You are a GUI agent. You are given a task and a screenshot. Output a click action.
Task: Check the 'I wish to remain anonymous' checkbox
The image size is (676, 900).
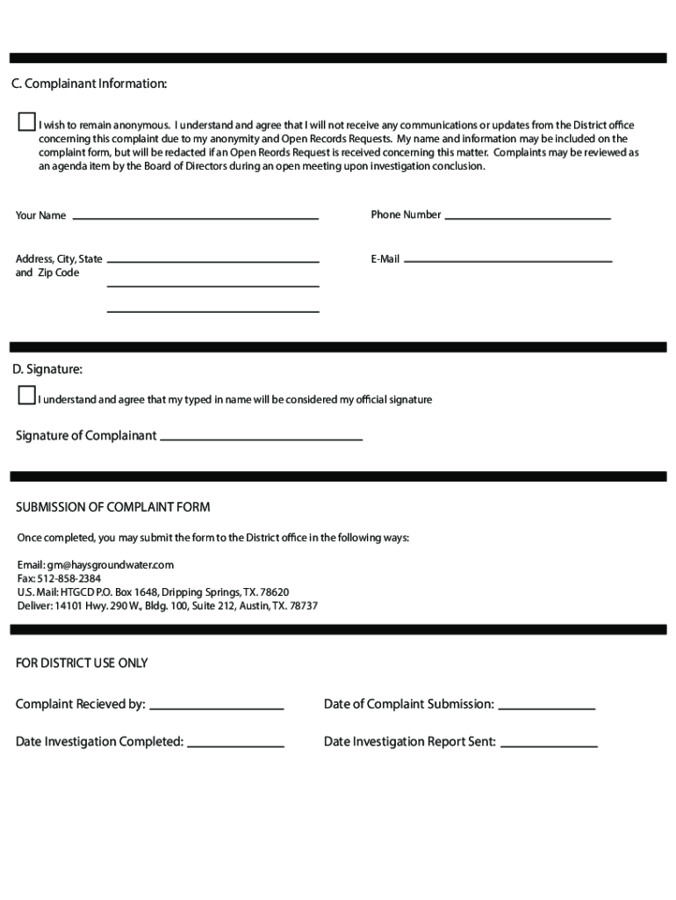click(27, 122)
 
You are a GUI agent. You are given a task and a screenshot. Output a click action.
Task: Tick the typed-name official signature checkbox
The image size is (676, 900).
click(27, 396)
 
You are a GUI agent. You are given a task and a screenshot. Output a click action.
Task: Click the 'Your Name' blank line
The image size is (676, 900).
click(195, 216)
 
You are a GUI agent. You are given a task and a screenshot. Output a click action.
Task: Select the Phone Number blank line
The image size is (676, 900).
click(528, 216)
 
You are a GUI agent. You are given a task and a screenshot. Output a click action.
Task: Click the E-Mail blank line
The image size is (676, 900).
click(507, 260)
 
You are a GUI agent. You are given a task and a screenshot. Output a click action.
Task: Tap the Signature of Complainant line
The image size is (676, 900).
click(261, 438)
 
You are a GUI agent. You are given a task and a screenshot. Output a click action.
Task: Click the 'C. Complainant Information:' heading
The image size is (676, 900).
click(89, 83)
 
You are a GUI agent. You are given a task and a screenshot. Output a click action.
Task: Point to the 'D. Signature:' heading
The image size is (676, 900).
click(47, 369)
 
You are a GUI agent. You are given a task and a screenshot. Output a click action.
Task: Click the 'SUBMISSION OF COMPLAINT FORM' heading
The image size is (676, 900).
click(113, 507)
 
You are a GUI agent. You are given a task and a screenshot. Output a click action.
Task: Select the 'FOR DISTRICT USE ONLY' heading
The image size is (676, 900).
click(82, 663)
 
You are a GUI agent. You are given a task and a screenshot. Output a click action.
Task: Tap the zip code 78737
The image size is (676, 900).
click(303, 606)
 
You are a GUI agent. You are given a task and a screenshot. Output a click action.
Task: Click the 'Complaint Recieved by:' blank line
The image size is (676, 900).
click(217, 707)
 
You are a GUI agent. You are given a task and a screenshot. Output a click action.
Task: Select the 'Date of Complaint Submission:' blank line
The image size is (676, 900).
click(547, 707)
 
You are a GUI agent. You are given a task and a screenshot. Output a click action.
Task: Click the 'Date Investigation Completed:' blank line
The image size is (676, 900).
click(235, 744)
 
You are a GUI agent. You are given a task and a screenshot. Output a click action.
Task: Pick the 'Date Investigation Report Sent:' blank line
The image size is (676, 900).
click(549, 744)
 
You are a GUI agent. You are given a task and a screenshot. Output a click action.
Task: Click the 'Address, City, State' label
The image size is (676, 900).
click(59, 259)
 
